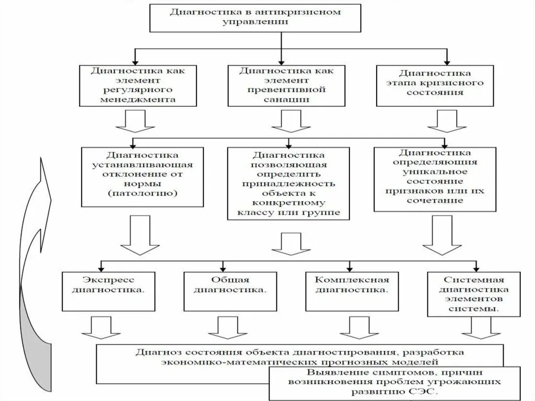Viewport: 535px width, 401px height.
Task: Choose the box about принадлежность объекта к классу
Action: coord(288,183)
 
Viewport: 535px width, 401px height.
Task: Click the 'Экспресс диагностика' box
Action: coord(109,289)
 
